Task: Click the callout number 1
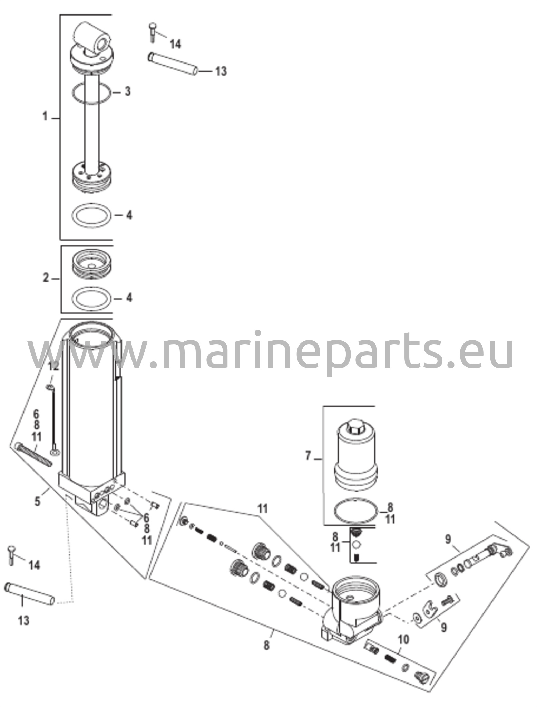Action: tap(45, 117)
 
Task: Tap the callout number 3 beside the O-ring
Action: tap(128, 91)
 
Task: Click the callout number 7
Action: tap(308, 456)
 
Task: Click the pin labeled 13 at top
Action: tap(173, 62)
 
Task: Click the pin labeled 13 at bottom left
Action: tap(29, 593)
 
